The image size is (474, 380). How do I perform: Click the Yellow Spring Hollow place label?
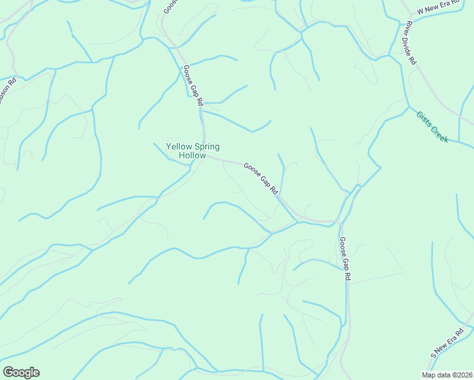[x=193, y=151]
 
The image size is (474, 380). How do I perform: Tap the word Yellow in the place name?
[x=179, y=147]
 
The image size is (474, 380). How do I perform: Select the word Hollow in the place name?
[x=193, y=155]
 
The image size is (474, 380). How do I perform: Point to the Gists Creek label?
[x=432, y=127]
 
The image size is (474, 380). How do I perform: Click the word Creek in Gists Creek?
[x=439, y=132]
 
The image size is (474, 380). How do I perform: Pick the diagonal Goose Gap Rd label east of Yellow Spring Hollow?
[x=261, y=178]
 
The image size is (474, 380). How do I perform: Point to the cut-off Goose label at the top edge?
[x=169, y=6]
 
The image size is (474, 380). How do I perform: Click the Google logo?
[x=21, y=372]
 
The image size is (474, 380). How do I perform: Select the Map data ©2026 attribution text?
[x=445, y=375]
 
